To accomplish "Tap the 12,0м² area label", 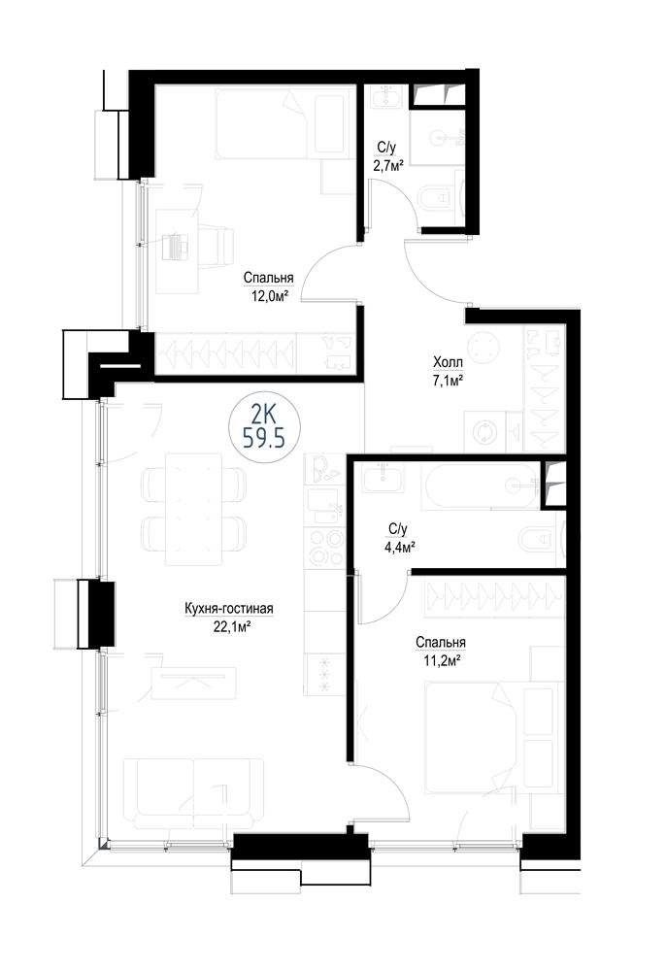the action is [x=268, y=296].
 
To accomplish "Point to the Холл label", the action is [x=449, y=360].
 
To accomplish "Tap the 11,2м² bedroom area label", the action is [x=441, y=660].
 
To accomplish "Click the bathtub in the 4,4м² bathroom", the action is [x=481, y=486].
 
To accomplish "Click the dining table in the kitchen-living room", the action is [x=194, y=509].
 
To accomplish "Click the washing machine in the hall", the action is [x=484, y=432].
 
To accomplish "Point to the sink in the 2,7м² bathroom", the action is [x=387, y=98].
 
